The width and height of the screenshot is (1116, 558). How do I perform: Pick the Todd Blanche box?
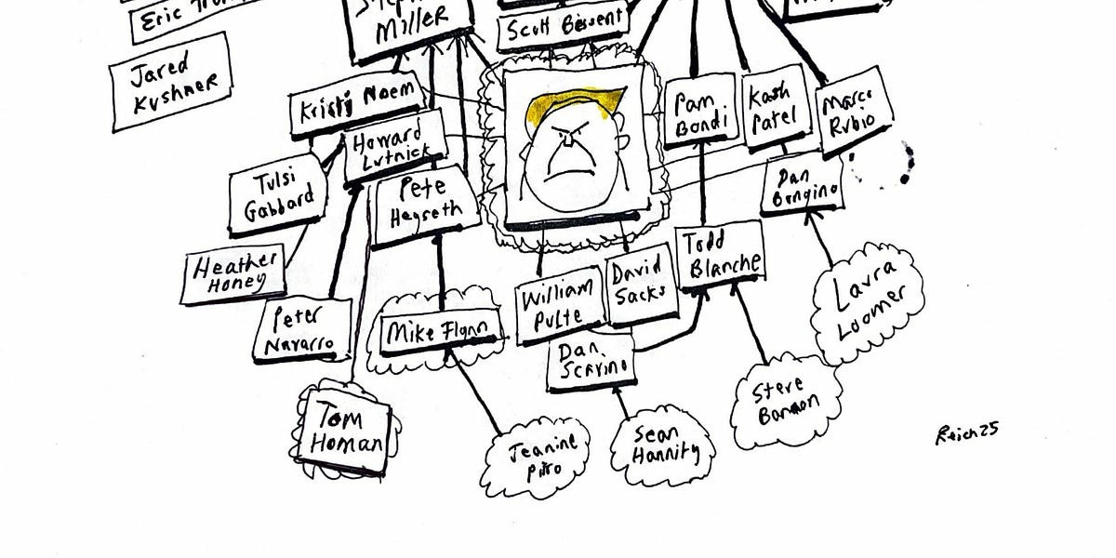click(720, 255)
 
